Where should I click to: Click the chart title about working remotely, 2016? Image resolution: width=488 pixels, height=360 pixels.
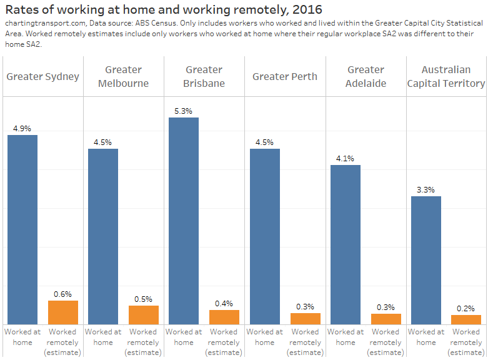click(x=164, y=9)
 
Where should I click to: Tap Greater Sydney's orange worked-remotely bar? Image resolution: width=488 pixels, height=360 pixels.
click(x=63, y=312)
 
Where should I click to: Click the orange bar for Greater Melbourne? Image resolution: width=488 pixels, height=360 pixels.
click(x=144, y=314)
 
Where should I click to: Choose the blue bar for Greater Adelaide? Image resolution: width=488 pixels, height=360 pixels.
click(x=346, y=244)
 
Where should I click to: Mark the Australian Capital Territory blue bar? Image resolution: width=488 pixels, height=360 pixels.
click(x=426, y=260)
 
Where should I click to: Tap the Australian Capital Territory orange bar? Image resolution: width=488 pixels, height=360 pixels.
click(x=466, y=319)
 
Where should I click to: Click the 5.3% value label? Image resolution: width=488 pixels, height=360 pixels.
click(x=184, y=111)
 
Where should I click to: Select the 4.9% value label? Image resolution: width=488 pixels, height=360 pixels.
click(x=22, y=129)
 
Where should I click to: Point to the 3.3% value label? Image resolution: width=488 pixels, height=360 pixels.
click(x=426, y=190)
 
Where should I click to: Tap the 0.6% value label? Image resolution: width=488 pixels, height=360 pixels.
click(x=63, y=294)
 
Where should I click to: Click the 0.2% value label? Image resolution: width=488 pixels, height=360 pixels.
click(x=466, y=308)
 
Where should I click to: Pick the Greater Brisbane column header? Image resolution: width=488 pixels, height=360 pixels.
click(x=204, y=76)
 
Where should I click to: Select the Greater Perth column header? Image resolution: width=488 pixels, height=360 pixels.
click(x=285, y=76)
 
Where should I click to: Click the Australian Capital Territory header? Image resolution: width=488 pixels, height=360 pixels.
click(x=446, y=76)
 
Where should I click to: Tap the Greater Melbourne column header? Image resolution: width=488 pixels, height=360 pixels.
click(x=124, y=76)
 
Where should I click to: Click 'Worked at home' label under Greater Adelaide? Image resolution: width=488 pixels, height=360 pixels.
click(x=346, y=337)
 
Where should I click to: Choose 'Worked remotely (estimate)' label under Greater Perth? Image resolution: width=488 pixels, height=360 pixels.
click(x=305, y=342)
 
